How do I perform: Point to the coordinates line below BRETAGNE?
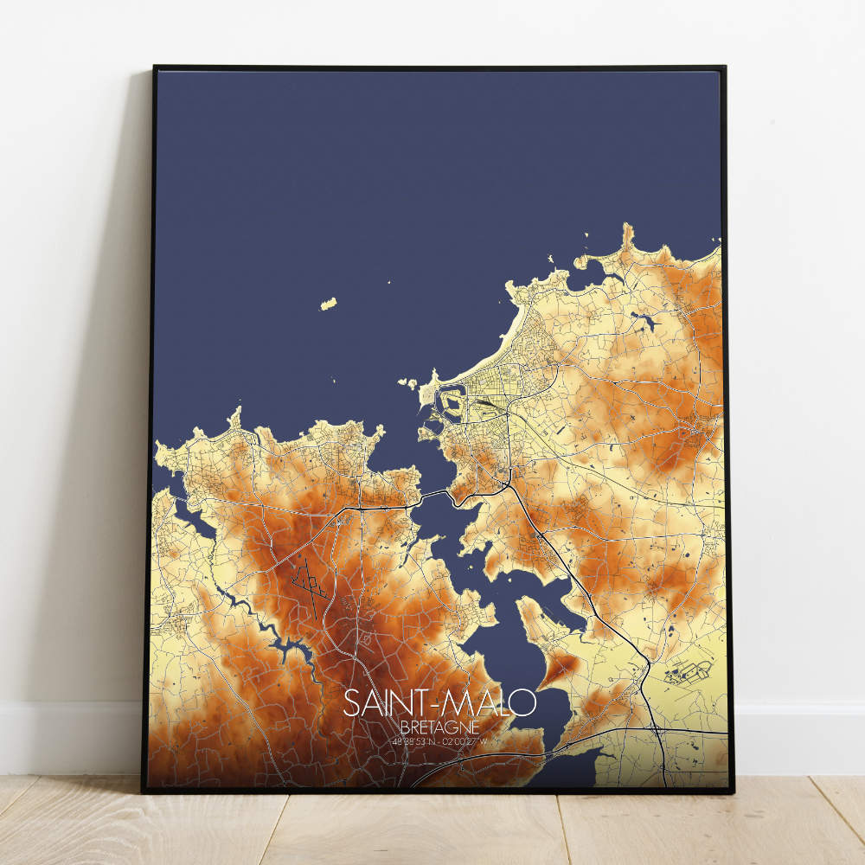pyautogui.click(x=439, y=740)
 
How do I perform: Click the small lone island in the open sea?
pyautogui.click(x=329, y=304)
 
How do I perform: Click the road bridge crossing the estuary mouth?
pyautogui.click(x=432, y=496)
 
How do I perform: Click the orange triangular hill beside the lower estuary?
pyautogui.click(x=558, y=667)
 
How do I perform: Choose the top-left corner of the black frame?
pyautogui.click(x=154, y=67)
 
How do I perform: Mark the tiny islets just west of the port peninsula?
pyautogui.click(x=407, y=382)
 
